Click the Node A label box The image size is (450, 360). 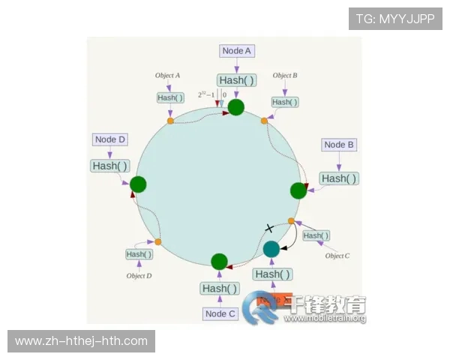click(237, 51)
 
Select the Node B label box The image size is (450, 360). click(339, 145)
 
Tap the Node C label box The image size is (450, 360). click(220, 313)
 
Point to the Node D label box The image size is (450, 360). click(110, 139)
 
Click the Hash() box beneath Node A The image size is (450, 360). click(237, 79)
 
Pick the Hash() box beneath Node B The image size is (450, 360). click(339, 178)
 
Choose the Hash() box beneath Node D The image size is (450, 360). click(109, 165)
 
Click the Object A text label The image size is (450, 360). click(167, 76)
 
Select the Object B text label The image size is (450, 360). click(285, 76)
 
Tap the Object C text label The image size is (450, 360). click(337, 256)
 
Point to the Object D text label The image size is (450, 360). click(139, 276)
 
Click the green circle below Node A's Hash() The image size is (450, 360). click(236, 107)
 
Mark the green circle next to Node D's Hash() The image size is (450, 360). click(138, 184)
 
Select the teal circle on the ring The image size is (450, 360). click(271, 248)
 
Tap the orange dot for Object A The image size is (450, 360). click(170, 121)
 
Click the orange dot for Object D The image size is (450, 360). click(158, 241)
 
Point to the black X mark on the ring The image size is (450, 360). click(269, 228)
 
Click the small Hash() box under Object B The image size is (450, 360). click(284, 102)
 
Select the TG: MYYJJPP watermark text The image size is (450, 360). click(395, 19)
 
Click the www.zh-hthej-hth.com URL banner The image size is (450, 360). click(81, 341)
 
